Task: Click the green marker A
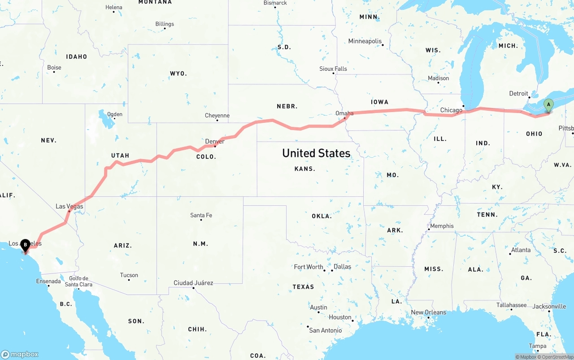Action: (x=548, y=106)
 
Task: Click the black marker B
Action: (x=25, y=245)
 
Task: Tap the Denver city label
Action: (x=214, y=142)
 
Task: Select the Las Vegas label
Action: (x=69, y=207)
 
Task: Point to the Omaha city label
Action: (x=344, y=113)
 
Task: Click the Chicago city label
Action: (x=451, y=110)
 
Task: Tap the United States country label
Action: (x=316, y=153)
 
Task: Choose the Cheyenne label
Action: (x=217, y=116)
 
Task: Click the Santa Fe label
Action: (x=201, y=216)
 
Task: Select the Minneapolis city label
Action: (x=365, y=41)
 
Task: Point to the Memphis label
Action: (x=442, y=226)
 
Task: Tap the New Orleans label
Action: (x=428, y=312)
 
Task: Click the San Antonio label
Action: (x=325, y=330)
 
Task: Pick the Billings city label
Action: (x=165, y=24)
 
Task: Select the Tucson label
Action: (x=129, y=275)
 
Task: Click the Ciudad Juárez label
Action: (x=193, y=283)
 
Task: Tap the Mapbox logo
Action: (x=20, y=354)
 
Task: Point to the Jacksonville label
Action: (x=549, y=307)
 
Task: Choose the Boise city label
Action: (x=54, y=68)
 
